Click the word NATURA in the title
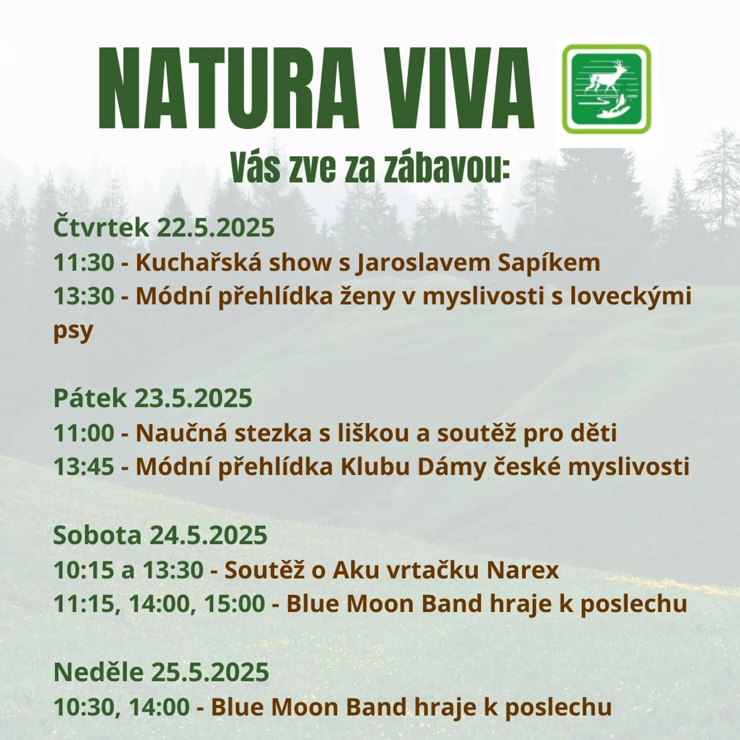[228, 89]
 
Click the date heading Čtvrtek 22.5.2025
[164, 228]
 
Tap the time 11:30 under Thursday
[84, 263]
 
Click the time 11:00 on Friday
[84, 433]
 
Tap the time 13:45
[84, 467]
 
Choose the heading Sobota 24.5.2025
[160, 535]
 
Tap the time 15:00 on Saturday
[234, 604]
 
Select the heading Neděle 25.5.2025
[161, 671]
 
